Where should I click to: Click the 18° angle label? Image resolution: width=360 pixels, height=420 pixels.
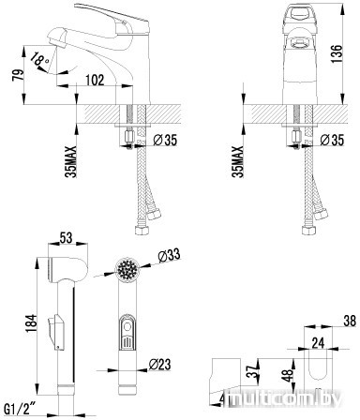point(40,59)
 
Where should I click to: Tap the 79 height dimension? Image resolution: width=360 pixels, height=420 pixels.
point(18,75)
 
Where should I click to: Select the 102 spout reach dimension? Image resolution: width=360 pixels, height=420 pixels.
point(95,81)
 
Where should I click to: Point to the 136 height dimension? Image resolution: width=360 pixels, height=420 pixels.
point(337,53)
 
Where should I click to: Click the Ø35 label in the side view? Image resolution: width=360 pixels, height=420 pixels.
point(165,141)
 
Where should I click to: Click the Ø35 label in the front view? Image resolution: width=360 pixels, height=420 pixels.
point(332,140)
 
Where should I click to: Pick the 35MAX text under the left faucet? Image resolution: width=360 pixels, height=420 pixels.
point(71,161)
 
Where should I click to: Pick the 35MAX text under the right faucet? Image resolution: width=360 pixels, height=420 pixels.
point(238,161)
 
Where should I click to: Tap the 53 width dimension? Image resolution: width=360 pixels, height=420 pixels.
point(66,238)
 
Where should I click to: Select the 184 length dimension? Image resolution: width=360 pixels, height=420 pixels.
point(31,323)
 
